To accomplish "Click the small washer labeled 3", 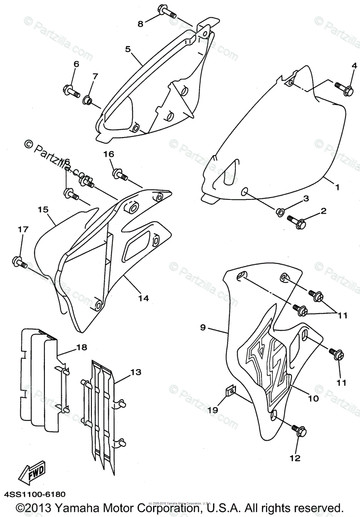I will pyautogui.click(x=280, y=212).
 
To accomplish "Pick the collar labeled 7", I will pyautogui.click(x=88, y=100).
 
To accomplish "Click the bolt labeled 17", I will pyautogui.click(x=20, y=262).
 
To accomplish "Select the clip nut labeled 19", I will pyautogui.click(x=230, y=391).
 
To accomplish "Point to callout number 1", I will pyautogui.click(x=337, y=187).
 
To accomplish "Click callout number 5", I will pyautogui.click(x=128, y=49).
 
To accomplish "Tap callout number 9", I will pyautogui.click(x=203, y=327).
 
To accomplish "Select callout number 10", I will pyautogui.click(x=313, y=399).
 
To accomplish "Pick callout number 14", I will pyautogui.click(x=144, y=298).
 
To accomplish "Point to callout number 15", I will pyautogui.click(x=42, y=209).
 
